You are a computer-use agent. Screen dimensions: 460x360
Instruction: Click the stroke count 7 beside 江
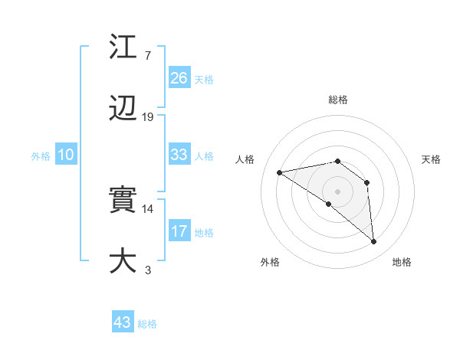click(x=147, y=56)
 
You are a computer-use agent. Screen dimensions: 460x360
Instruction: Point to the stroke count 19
click(x=148, y=117)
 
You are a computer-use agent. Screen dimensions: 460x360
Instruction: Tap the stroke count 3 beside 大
click(x=147, y=270)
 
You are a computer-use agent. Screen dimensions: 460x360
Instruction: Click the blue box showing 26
click(x=179, y=78)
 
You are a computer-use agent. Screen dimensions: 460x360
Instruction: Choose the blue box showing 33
click(x=179, y=155)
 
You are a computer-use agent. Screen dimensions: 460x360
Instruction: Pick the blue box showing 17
click(x=179, y=231)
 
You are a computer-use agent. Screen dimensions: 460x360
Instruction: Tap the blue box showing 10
click(x=66, y=155)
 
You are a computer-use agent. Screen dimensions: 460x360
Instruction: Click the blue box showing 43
click(x=123, y=322)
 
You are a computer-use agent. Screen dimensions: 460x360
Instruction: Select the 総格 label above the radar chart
click(x=338, y=100)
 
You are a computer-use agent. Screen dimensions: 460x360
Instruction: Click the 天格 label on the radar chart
click(x=432, y=159)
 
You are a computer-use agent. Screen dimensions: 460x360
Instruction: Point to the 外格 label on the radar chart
click(x=270, y=262)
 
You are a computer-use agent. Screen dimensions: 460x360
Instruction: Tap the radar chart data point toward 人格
click(x=280, y=172)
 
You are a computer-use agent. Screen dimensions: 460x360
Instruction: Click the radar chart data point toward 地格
click(x=373, y=242)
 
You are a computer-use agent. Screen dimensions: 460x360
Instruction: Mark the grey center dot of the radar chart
click(x=338, y=191)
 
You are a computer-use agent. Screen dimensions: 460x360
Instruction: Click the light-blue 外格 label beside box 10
click(x=41, y=155)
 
